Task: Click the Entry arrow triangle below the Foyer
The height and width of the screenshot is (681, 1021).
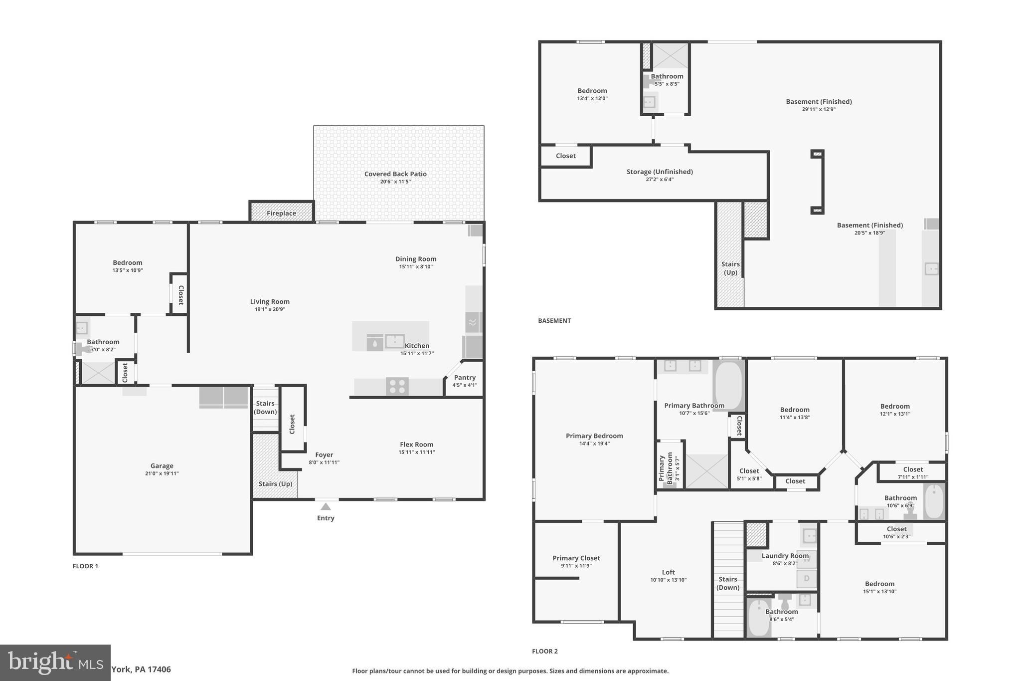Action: [x=326, y=507]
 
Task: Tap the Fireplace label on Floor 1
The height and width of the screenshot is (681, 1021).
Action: [x=281, y=213]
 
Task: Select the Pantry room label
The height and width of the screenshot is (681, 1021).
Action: [x=465, y=377]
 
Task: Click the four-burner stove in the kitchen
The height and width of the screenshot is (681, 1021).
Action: [x=397, y=387]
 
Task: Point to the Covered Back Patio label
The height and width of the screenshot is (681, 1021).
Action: [x=395, y=174]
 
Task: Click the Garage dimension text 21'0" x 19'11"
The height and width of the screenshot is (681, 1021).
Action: [x=162, y=473]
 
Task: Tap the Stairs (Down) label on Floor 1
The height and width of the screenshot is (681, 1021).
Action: [x=265, y=407]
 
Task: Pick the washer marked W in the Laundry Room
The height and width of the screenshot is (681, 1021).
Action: [x=806, y=559]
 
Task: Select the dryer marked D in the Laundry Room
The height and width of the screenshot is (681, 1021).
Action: [x=806, y=579]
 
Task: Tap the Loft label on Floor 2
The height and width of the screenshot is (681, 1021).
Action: [x=668, y=572]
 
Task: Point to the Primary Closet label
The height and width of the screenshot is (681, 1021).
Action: [x=576, y=558]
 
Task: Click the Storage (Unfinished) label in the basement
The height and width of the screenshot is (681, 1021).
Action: [x=660, y=172]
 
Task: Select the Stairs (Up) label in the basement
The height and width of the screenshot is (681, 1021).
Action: [x=730, y=268]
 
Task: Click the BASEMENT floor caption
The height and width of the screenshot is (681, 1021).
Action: [x=554, y=320]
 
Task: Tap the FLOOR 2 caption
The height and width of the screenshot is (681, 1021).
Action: [x=544, y=651]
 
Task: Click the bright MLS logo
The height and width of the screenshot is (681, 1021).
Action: [x=55, y=663]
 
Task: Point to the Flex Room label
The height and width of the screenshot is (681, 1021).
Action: [x=416, y=444]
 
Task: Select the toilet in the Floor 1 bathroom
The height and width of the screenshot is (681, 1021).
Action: [x=85, y=349]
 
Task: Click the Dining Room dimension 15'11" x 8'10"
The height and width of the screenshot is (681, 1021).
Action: [x=416, y=267]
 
